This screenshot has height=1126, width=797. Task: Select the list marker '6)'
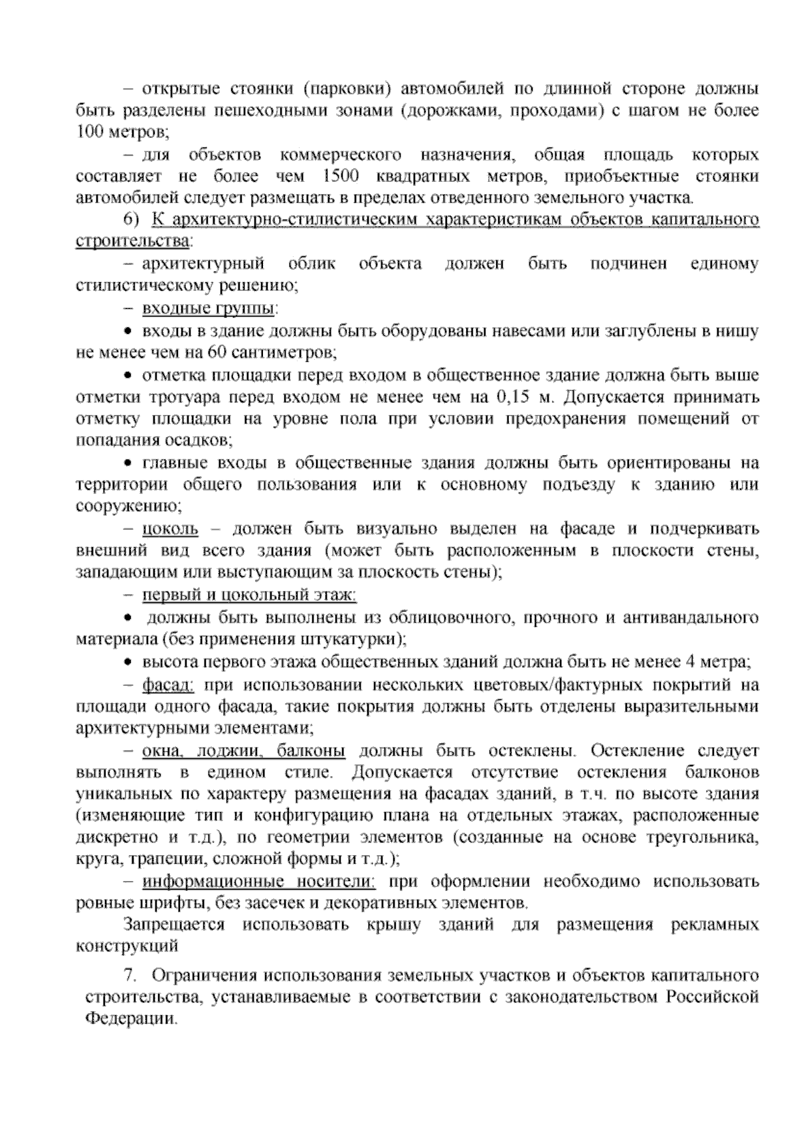click(133, 220)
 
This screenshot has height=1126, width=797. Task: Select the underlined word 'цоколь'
click(170, 529)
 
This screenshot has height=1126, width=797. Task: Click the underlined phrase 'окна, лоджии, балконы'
click(244, 751)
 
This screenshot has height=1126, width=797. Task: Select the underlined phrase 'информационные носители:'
click(259, 882)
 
